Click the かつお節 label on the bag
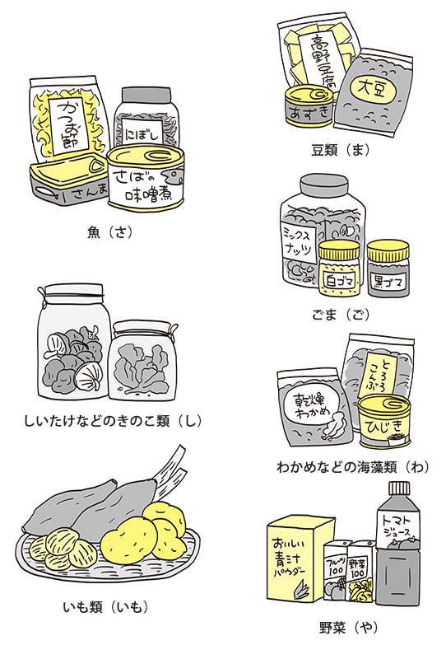pyautogui.click(x=69, y=125)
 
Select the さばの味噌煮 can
pyautogui.click(x=146, y=178)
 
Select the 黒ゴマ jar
pyautogui.click(x=388, y=269)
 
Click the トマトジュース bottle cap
pyautogui.click(x=398, y=489)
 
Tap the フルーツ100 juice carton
pyautogui.click(x=336, y=571)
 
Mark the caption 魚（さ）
pyautogui.click(x=110, y=232)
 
